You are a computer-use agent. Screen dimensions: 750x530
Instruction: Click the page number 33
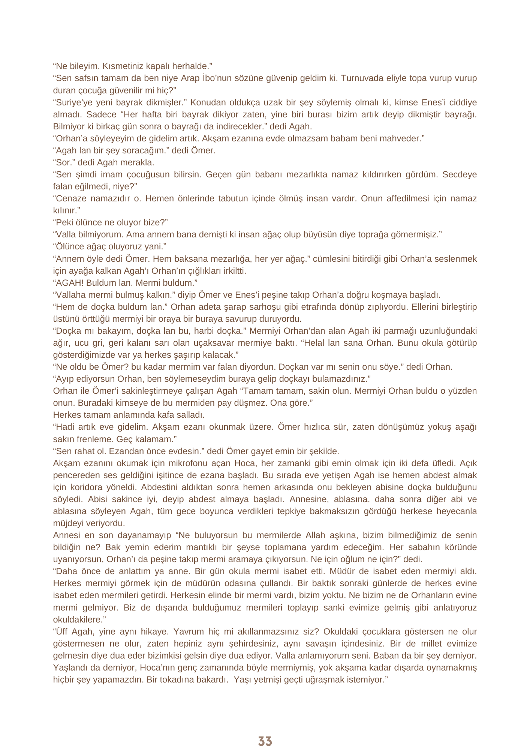coord(265,741)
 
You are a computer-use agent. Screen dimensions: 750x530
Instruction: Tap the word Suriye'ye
coord(73,102)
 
